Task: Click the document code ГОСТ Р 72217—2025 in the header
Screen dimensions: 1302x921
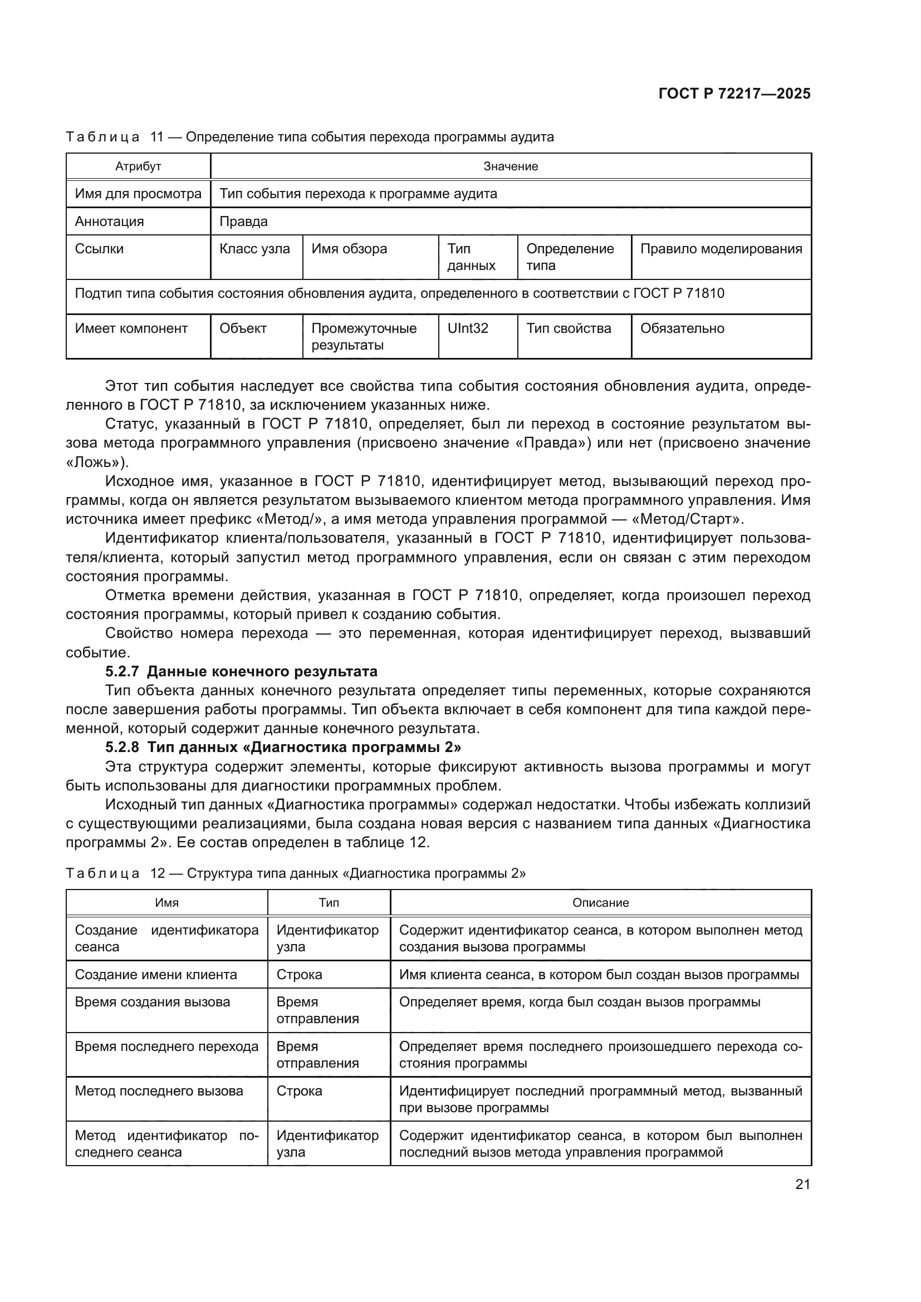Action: point(734,94)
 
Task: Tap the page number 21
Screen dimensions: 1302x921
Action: point(802,1184)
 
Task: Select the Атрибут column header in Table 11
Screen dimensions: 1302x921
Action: point(139,166)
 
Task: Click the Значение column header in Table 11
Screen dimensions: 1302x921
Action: point(511,166)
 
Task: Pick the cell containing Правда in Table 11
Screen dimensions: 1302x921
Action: point(244,221)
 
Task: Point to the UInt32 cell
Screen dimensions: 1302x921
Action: point(468,328)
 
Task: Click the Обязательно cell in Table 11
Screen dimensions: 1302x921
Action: point(682,328)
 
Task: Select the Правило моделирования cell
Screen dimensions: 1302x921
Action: point(721,249)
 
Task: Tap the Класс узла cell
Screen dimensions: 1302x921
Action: point(254,249)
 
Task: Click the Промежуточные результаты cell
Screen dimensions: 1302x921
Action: point(364,336)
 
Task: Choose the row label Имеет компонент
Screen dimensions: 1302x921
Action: point(131,328)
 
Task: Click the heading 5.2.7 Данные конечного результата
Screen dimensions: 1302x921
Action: point(241,671)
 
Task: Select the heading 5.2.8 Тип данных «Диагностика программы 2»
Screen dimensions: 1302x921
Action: point(283,748)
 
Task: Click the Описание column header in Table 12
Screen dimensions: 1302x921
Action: point(601,902)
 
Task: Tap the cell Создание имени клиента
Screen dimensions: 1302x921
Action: point(156,975)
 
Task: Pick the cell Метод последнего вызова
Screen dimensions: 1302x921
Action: point(159,1091)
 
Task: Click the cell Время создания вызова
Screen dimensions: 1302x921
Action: point(153,1002)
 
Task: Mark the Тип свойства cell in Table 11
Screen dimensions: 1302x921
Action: point(569,328)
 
